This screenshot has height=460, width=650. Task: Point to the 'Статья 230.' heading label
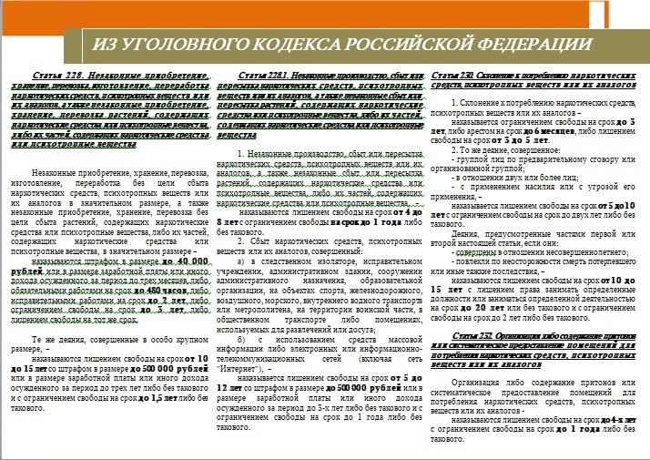pyautogui.click(x=452, y=75)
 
